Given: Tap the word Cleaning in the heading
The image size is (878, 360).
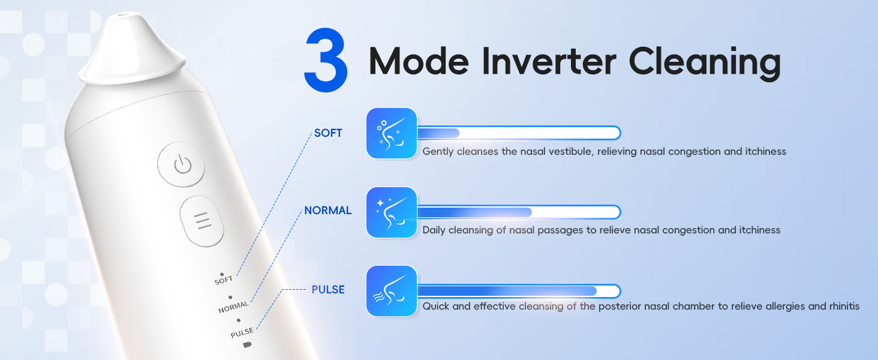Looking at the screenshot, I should tap(705, 62).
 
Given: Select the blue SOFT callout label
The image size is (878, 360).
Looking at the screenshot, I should tap(328, 133).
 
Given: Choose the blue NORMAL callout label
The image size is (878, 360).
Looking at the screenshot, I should tap(327, 211).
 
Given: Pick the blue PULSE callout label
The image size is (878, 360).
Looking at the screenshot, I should tap(328, 290).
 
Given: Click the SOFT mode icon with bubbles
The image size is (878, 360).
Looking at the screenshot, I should tap(392, 133).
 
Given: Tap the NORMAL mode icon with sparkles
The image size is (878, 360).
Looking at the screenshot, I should tap(392, 212).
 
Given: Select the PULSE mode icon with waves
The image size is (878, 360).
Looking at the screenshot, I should tap(392, 291).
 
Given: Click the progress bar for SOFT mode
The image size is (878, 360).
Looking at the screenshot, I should tap(518, 133).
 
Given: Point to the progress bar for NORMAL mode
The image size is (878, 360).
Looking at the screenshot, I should tap(518, 212).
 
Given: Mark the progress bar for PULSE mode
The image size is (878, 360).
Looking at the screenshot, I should tap(518, 291).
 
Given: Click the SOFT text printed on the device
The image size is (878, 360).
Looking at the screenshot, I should tap(224, 280).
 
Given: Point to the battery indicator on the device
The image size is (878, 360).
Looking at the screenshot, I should tap(246, 345).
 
